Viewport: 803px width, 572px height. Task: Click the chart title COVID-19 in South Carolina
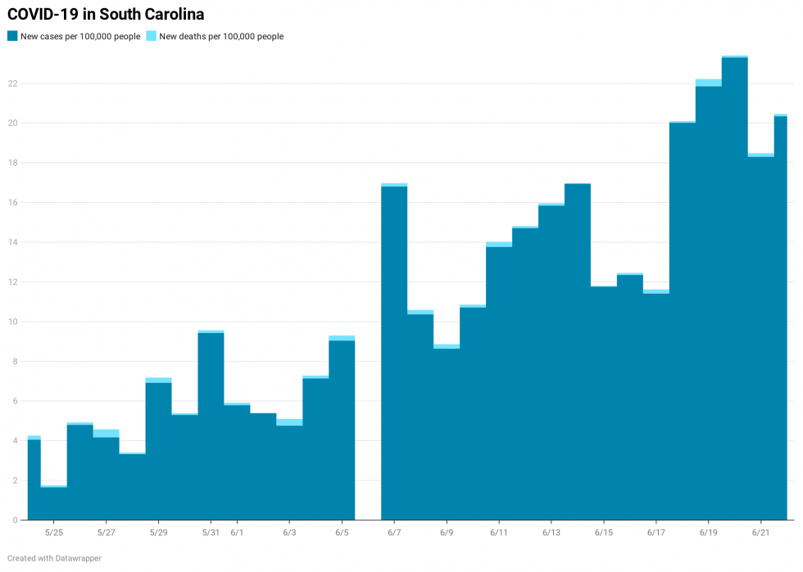coord(106,15)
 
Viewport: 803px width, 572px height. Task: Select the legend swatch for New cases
coord(12,36)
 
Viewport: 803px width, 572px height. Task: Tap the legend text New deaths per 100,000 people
coord(221,36)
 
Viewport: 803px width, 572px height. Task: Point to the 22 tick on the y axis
coord(13,83)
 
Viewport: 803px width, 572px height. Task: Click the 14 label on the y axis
coord(13,242)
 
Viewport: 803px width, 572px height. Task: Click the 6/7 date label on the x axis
coord(394,533)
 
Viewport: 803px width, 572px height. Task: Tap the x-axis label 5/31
coord(211,533)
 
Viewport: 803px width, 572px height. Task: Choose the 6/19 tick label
coord(709,533)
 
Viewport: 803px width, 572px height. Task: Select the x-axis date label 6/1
coord(237,533)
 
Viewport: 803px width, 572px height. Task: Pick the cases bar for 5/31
coord(211,426)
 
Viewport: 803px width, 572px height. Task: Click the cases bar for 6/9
coord(447,434)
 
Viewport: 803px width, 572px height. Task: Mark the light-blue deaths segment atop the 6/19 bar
coord(709,83)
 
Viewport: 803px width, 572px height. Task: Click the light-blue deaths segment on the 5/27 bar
coord(106,433)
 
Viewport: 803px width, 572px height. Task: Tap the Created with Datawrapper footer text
coord(54,558)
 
